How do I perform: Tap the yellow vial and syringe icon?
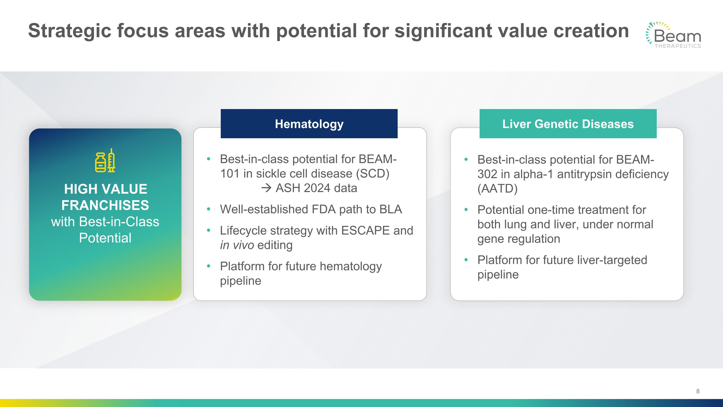coord(105,160)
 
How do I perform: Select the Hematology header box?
coord(309,124)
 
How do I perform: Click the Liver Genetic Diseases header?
coord(568,124)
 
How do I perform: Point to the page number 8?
coord(698,391)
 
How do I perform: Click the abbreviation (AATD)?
coord(497,188)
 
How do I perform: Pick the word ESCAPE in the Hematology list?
coord(365,231)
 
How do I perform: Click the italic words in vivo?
coord(237,245)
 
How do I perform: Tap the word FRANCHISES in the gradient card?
coord(105,205)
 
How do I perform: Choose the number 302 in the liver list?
coord(488,174)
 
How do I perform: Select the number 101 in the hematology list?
coord(230,174)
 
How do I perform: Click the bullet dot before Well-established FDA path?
coord(208,209)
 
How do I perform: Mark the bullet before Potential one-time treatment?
coord(466,210)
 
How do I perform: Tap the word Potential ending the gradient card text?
coord(105,238)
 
